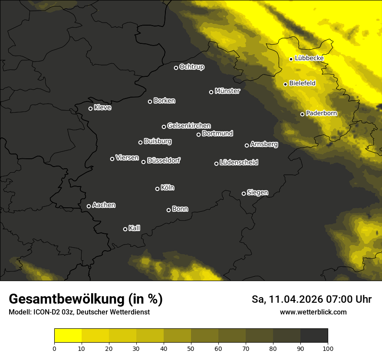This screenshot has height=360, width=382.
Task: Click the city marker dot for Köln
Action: click(157, 189)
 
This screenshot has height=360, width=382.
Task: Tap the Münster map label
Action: click(227, 91)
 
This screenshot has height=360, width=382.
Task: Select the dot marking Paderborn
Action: click(303, 114)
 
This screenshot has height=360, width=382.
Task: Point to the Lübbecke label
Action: click(309, 58)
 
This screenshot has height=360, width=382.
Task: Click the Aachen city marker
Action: click(89, 206)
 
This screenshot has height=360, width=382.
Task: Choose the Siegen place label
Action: click(257, 193)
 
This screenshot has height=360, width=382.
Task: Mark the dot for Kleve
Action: click(90, 108)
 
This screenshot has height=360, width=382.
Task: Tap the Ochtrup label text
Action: click(191, 67)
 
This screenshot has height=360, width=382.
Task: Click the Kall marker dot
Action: click(125, 229)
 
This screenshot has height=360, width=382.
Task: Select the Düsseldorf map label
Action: click(164, 160)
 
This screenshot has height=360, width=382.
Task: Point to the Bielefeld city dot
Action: click(285, 84)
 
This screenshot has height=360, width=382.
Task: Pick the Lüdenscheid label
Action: click(239, 163)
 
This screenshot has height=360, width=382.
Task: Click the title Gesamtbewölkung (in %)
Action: click(86, 299)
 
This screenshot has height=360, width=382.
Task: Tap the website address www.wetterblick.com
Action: click(313, 312)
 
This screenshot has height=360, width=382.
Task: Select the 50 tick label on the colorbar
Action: click(191, 348)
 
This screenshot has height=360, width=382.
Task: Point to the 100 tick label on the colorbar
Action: click(328, 348)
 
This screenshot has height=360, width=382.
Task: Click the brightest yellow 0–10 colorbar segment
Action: click(68, 335)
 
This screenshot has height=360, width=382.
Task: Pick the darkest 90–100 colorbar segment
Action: click(314, 335)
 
